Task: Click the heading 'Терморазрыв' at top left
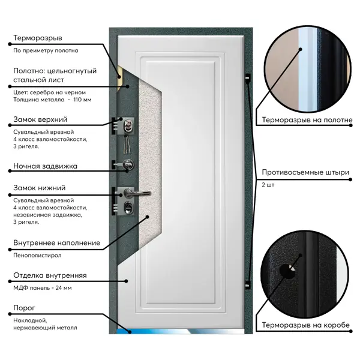point(38,38)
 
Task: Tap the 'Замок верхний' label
point(40,119)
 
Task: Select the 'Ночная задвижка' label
point(45,166)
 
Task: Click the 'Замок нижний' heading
point(40,188)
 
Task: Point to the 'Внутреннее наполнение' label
point(57,243)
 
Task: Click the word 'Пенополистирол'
point(37,256)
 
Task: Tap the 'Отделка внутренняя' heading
point(50,275)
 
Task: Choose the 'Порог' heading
point(25,308)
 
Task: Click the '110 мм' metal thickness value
point(82,100)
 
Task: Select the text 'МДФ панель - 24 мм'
point(43,288)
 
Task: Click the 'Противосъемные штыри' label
point(305,172)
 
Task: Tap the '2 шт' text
point(268,185)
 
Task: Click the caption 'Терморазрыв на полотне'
point(307,120)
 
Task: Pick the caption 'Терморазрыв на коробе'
point(306,325)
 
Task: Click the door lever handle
point(137,193)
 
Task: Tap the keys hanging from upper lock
point(126,144)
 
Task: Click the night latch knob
point(128,164)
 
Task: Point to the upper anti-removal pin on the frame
point(247,78)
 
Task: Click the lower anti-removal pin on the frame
point(247,285)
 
